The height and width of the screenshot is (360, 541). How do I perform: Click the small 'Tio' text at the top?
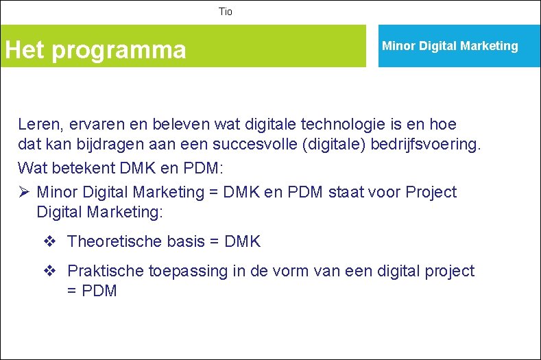(226, 12)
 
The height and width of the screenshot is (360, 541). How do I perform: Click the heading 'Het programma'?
(95, 49)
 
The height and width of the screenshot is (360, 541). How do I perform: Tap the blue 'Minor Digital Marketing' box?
(450, 46)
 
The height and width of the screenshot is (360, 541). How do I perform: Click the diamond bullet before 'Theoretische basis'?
(49, 241)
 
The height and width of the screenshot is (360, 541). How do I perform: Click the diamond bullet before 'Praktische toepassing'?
(49, 271)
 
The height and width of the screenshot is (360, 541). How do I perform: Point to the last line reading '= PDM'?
(92, 291)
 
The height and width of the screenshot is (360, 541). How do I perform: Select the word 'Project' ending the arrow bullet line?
(431, 192)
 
